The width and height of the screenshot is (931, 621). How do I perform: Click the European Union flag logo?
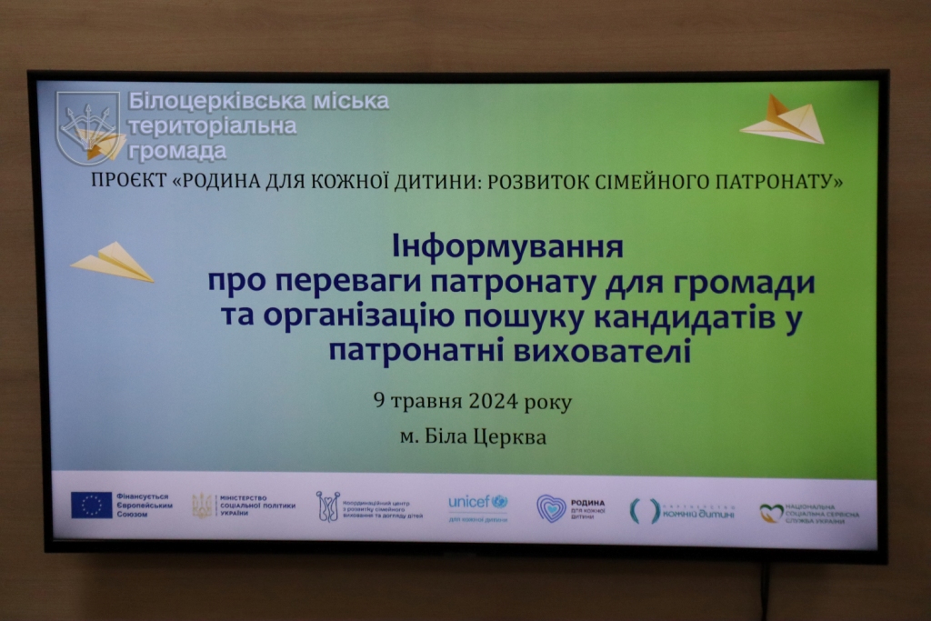coord(92,506)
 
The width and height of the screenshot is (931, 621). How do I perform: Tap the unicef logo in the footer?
coord(477,502)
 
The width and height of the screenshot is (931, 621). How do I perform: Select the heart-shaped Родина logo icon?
coord(551,508)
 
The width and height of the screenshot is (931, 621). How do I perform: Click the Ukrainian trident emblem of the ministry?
coord(202,506)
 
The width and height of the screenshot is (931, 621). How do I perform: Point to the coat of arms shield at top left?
coord(86,126)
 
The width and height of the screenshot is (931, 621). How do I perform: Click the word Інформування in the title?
coord(506,246)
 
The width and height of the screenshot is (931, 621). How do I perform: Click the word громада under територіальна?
coord(178,151)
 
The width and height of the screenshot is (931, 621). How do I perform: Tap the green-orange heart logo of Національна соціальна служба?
coord(771,514)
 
